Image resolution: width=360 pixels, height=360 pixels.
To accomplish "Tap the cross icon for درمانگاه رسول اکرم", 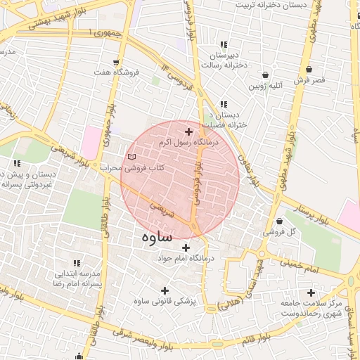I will pos(188,131).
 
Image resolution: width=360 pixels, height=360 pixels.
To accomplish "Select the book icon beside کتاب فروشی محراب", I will pos(134,155).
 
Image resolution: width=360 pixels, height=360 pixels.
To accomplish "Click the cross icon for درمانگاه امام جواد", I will pos(186,247).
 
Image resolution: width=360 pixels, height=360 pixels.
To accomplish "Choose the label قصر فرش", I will pos(309,81).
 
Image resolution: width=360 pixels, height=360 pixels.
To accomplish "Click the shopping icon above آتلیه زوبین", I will pos(265,75).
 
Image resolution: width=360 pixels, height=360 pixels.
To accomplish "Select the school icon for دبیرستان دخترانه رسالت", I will pos(224,44).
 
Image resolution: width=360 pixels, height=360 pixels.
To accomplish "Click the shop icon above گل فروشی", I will pos(280,221).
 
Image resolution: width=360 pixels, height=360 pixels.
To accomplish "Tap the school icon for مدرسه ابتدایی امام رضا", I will pos(77,262).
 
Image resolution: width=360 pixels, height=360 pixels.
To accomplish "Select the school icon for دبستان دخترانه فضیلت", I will pos(224,104).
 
